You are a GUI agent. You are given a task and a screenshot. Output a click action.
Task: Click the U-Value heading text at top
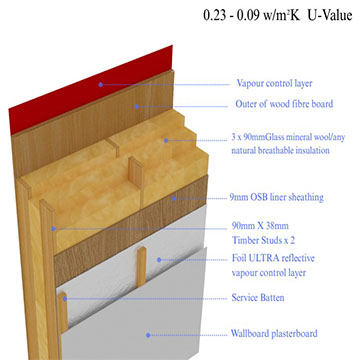pos(278,16)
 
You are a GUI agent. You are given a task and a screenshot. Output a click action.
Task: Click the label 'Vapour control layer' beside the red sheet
pos(274,83)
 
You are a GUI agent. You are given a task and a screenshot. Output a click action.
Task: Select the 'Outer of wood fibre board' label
pos(284,104)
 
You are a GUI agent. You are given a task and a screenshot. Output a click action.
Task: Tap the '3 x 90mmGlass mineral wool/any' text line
pos(288,137)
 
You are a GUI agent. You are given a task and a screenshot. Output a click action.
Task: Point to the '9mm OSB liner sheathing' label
pos(277,197)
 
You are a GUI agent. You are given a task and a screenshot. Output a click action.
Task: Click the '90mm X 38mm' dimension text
pos(260,226)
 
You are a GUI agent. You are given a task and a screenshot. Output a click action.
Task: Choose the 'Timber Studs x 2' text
pos(263,240)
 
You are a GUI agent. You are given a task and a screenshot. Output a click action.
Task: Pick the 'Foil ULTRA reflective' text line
pos(273,258)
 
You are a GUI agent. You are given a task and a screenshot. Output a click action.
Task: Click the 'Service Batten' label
pos(258,297)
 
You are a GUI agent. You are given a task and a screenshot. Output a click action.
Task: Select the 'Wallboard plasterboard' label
pos(274,333)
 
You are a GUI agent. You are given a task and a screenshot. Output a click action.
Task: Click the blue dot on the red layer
pos(101,85)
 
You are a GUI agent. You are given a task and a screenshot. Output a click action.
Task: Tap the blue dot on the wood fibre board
pos(136,107)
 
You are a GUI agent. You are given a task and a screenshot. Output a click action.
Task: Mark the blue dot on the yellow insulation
pos(166,140)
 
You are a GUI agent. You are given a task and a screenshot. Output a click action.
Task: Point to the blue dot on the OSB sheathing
pos(174,199)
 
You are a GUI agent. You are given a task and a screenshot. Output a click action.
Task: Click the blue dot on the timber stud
pos(53,229)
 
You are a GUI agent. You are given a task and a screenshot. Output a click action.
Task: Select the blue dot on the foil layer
pos(159,260)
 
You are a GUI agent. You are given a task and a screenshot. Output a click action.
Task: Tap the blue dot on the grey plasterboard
pos(148,335)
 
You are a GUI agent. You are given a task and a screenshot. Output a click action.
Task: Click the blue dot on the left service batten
pos(65,299)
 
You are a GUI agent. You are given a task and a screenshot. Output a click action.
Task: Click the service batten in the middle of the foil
pos(142,267)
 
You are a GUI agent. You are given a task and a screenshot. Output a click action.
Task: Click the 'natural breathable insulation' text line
pos(280,150)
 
